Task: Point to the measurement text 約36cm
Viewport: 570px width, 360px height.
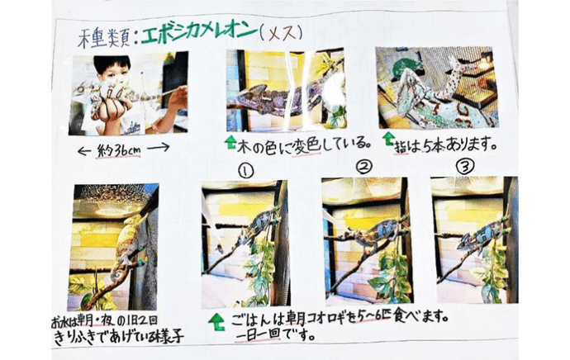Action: pos(123,149)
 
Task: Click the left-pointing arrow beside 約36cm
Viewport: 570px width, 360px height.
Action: pos(84,149)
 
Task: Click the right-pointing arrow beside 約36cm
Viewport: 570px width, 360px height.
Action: pos(162,149)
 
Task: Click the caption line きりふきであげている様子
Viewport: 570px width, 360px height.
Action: pos(117,336)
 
